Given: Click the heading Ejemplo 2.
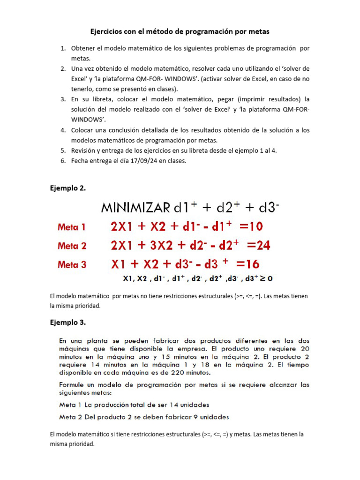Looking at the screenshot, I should click(68, 188).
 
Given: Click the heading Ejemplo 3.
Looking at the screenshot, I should click(68, 322).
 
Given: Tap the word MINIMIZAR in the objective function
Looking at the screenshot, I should click(135, 208).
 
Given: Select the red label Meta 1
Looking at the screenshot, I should click(72, 227).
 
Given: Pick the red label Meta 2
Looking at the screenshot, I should click(72, 246).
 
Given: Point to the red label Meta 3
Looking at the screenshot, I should click(72, 264).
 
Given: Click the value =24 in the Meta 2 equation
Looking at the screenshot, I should click(258, 245).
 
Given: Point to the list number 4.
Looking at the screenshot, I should click(63, 130).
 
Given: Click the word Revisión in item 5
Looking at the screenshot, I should click(84, 150).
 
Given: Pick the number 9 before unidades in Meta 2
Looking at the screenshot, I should click(192, 416).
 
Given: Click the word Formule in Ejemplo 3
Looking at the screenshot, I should click(73, 385).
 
